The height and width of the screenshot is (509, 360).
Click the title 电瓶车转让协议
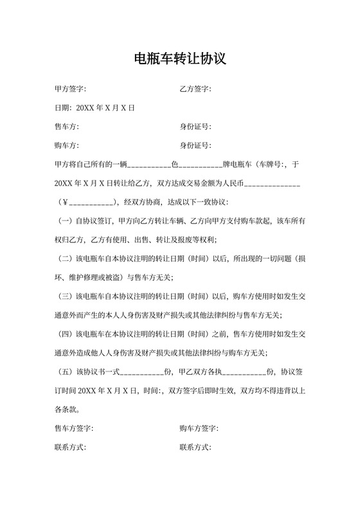179,59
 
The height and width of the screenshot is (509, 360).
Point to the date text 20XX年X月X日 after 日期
105,108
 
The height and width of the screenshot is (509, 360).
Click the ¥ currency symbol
64,202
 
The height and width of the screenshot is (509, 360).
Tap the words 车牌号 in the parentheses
272,165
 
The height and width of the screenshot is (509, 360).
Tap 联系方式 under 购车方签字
195,447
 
